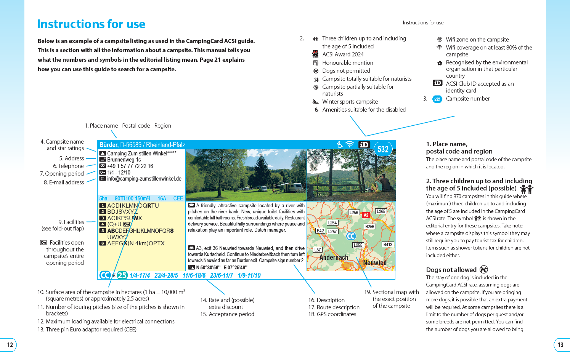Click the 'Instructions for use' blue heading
[x=91, y=24]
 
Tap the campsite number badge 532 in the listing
[x=383, y=149]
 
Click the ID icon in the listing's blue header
[x=364, y=145]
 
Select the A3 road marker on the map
[x=366, y=215]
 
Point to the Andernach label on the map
[x=334, y=258]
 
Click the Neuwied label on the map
[x=375, y=262]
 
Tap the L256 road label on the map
[x=354, y=212]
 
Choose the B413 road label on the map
[x=388, y=245]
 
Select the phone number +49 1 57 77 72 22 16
[x=130, y=166]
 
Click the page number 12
[x=10, y=345]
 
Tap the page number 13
[x=560, y=345]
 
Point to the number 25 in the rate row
[x=122, y=275]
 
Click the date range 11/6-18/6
[x=194, y=275]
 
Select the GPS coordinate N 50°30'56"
[x=208, y=267]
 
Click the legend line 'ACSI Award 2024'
[x=343, y=54]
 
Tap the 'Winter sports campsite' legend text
[x=350, y=102]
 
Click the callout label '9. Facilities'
[x=71, y=222]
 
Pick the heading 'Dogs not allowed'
[x=451, y=270]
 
